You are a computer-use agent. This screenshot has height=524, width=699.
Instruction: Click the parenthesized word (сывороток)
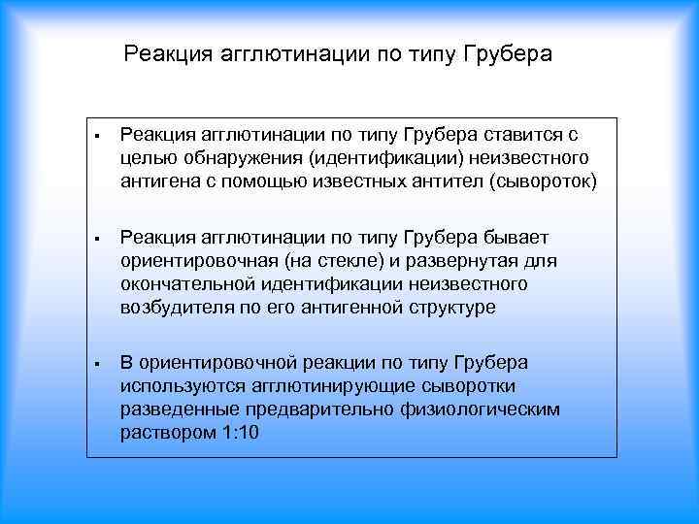544,180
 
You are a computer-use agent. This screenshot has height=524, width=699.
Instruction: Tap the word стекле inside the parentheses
339,261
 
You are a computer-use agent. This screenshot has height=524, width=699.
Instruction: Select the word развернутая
465,261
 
